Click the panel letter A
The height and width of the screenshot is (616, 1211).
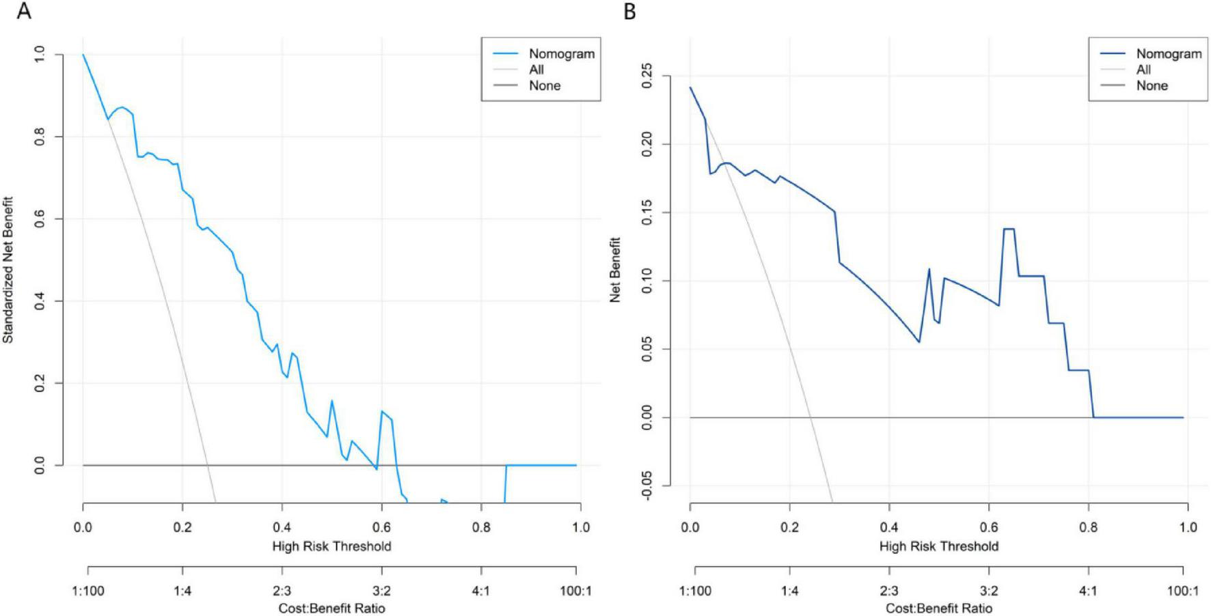(23, 12)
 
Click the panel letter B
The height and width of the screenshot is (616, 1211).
(629, 12)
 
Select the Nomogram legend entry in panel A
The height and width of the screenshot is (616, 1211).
(561, 54)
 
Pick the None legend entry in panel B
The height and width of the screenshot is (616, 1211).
(1152, 86)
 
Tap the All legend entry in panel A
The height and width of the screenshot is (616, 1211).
(536, 70)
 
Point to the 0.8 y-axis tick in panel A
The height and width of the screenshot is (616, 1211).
(40, 137)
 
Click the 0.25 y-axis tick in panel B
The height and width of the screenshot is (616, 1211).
(647, 76)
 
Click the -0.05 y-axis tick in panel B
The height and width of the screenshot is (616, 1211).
(647, 486)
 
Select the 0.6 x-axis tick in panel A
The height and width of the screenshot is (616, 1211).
(381, 527)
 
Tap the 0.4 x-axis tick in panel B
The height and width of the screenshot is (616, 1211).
(889, 527)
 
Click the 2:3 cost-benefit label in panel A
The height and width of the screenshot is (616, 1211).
(282, 591)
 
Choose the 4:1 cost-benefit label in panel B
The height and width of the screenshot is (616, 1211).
(1088, 591)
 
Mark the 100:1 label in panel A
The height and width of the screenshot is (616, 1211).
(575, 591)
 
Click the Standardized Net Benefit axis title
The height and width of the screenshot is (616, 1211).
(8, 270)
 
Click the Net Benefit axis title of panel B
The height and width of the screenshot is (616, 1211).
(615, 270)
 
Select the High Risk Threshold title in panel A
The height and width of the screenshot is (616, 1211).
(331, 546)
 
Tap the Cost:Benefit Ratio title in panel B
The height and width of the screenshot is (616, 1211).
(939, 608)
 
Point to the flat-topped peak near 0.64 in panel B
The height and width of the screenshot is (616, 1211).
(1009, 229)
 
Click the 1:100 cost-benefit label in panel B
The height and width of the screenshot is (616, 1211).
(695, 591)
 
